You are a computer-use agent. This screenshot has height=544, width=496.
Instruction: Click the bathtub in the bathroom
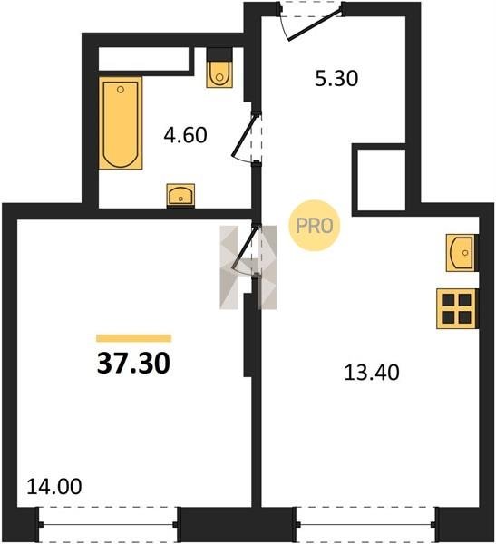[x=121, y=123]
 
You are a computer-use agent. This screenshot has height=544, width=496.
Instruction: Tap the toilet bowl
[x=219, y=74]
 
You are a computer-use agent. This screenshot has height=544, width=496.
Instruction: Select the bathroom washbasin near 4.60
[x=180, y=196]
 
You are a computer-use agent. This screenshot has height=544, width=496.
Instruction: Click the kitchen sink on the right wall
[x=461, y=253]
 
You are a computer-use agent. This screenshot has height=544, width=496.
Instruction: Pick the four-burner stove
[x=456, y=308]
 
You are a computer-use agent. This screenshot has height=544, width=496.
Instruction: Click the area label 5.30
[x=336, y=78]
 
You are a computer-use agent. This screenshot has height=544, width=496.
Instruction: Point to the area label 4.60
[x=185, y=135]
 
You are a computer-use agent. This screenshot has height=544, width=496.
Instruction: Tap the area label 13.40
[x=372, y=373]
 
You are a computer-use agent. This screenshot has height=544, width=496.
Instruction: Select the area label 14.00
[x=54, y=486]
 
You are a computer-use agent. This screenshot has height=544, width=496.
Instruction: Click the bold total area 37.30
[x=133, y=364]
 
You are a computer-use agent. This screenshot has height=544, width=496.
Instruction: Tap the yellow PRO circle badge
[x=315, y=226]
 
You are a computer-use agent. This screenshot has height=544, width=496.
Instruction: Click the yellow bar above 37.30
[x=134, y=338]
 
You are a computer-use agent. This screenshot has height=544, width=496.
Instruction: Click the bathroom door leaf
[x=245, y=134]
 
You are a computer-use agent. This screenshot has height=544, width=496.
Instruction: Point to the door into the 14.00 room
[x=245, y=247]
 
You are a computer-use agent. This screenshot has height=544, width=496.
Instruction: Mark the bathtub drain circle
[x=121, y=90]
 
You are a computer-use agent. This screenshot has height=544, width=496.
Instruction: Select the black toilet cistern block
[x=219, y=54]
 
